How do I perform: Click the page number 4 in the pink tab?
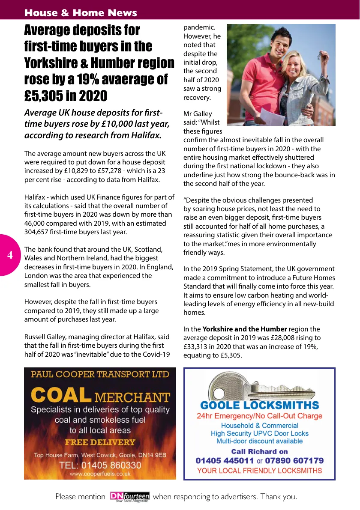[x=10, y=255]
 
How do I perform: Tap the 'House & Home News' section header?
[x=81, y=13]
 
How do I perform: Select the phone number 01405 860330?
[x=100, y=465]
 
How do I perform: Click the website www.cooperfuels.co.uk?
[x=100, y=474]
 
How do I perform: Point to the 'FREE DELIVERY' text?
[x=100, y=442]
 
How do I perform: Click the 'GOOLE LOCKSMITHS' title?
[x=259, y=405]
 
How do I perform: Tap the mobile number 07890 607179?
[x=294, y=461]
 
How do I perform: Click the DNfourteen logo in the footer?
[x=129, y=497]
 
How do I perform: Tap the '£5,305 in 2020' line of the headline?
[x=66, y=96]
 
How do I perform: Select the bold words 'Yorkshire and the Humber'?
[x=244, y=329]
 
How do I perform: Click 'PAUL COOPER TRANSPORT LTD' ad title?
[x=100, y=374]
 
